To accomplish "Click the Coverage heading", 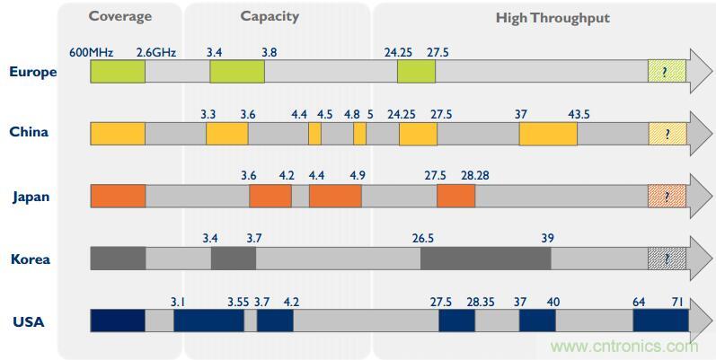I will tap(120, 16).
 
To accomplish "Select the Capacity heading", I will tap(270, 16).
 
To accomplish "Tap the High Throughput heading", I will tap(552, 17).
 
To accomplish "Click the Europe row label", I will tap(33, 72).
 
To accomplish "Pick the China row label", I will tap(29, 132).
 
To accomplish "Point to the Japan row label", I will tap(31, 197).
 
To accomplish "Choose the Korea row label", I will tap(31, 259).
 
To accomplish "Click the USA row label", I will tap(29, 321).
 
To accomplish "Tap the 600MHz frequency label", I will tap(90, 52).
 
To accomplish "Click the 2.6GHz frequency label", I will tap(155, 52).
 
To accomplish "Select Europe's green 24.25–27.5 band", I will tap(416, 72).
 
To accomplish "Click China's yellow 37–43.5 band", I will tap(548, 134).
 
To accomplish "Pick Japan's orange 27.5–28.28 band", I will tap(455, 197).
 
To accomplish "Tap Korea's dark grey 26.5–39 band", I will tap(485, 259).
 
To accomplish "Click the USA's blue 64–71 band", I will tap(660, 321).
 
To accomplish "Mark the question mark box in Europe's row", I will tap(667, 72).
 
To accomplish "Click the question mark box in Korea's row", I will tap(667, 259).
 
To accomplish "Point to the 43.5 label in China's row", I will tap(579, 114).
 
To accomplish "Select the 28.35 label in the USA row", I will tap(481, 302).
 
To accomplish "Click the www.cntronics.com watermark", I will tap(623, 347).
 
